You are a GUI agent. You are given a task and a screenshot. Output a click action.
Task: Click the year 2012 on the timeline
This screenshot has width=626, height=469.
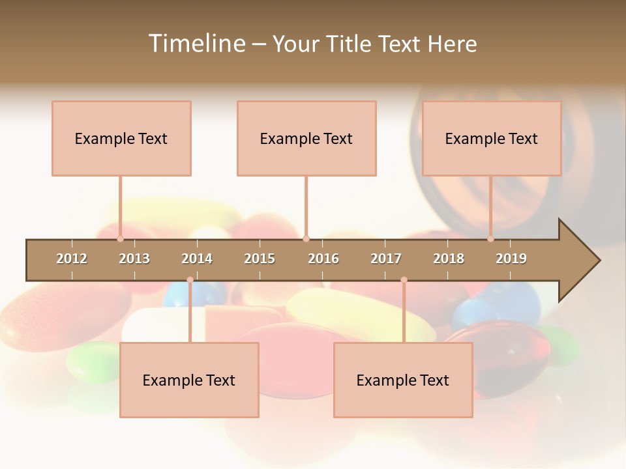(72, 259)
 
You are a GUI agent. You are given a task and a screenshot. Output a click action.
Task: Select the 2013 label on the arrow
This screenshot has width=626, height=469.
(134, 259)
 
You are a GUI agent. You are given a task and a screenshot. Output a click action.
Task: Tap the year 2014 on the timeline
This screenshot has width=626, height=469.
(197, 259)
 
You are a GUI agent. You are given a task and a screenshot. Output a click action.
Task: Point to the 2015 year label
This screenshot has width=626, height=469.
(260, 259)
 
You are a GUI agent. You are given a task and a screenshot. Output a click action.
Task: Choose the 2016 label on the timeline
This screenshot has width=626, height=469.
(323, 259)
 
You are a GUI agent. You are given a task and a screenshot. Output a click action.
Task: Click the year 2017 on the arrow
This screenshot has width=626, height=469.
(386, 259)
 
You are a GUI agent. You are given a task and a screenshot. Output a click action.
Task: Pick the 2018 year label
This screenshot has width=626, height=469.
(449, 259)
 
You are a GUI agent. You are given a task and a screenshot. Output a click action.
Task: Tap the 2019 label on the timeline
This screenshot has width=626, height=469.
(511, 259)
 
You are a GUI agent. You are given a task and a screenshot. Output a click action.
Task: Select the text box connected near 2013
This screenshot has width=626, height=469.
(121, 138)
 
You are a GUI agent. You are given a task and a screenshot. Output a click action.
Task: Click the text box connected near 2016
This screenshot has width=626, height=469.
(306, 138)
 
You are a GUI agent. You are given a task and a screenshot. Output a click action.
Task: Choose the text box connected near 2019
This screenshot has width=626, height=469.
(492, 138)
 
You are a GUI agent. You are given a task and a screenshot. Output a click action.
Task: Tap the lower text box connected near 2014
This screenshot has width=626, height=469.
(189, 380)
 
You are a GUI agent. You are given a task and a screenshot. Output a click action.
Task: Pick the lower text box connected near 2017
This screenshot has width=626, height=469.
(403, 380)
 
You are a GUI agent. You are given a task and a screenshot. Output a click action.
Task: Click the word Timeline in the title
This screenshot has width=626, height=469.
(196, 44)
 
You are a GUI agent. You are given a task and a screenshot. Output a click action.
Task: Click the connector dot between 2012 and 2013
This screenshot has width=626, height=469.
(120, 239)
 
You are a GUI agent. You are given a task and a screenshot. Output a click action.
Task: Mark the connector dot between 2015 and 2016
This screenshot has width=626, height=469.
(306, 239)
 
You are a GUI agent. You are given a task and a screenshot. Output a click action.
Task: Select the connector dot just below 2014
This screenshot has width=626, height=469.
(190, 279)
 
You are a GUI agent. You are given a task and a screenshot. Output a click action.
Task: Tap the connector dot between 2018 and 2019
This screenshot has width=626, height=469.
(490, 239)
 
